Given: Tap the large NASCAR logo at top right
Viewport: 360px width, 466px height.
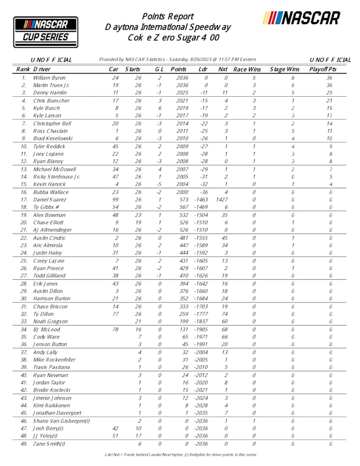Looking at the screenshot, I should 301,19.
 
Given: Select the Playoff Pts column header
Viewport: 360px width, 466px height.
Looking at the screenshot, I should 322,69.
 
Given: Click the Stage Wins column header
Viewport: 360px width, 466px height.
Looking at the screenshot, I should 284,69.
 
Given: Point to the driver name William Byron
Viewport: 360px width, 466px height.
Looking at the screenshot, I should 49,78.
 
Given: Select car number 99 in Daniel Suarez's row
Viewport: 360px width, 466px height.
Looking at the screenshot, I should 115,200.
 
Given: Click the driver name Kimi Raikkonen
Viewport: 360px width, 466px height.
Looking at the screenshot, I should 52,405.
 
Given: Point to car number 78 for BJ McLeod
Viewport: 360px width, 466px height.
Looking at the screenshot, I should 115,329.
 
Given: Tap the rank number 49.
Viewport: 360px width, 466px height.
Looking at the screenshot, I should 23,443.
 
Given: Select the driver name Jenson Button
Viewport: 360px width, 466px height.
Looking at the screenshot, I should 50,345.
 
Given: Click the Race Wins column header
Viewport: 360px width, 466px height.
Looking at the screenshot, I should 247,69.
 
